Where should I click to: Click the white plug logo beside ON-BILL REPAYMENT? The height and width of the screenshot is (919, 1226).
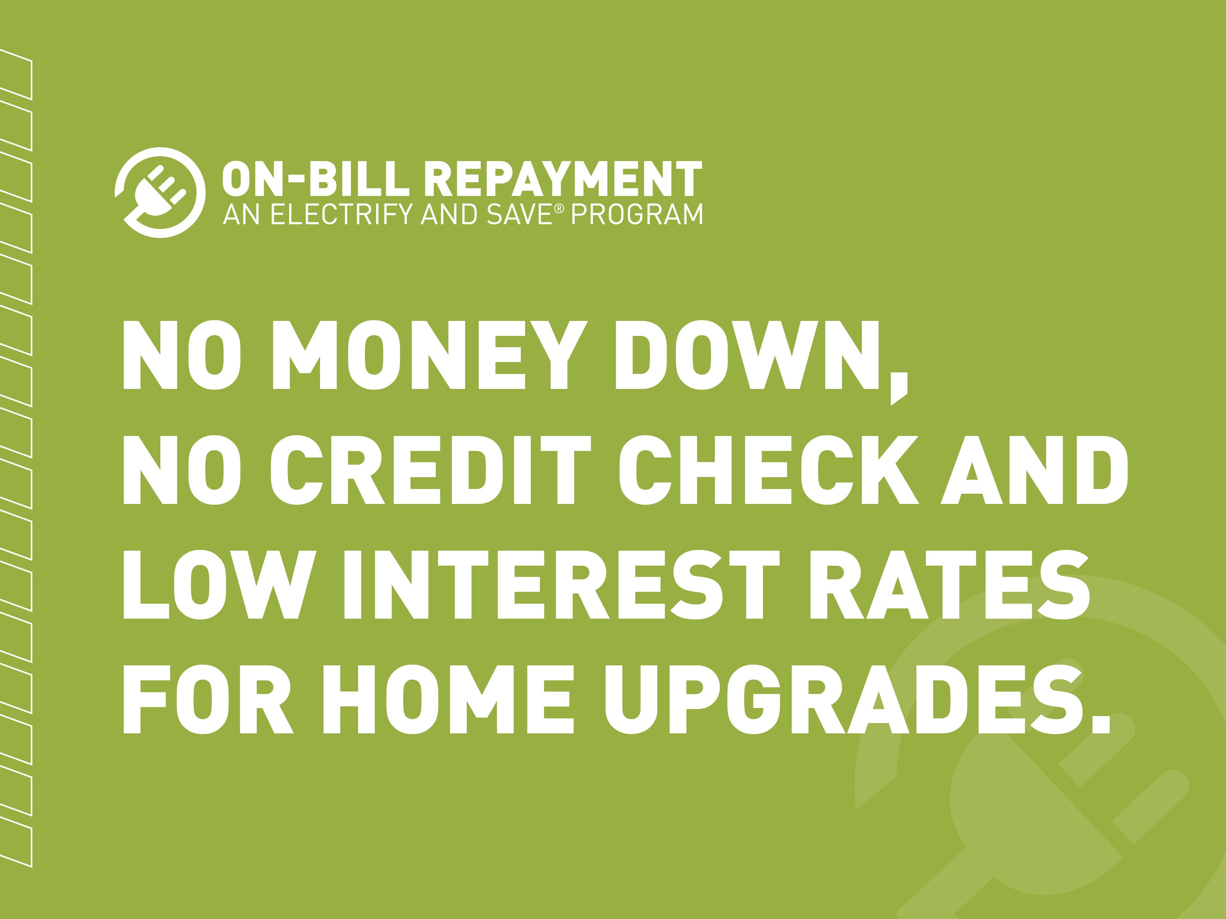pyautogui.click(x=160, y=192)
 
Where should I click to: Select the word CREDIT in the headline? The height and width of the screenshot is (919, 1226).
pyautogui.click(x=431, y=470)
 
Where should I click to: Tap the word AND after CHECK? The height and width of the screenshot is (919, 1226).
pyautogui.click(x=1035, y=470)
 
